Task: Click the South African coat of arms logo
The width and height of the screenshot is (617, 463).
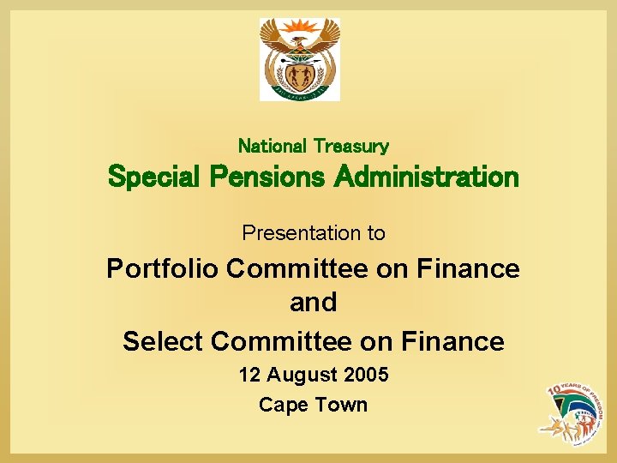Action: coord(300,59)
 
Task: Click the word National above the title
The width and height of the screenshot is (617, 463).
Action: coord(273,147)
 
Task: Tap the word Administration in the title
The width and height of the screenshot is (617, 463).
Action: coord(426,177)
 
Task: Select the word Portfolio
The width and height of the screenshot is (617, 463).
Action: coord(162,268)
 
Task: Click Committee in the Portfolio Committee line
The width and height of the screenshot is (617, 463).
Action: coord(299,268)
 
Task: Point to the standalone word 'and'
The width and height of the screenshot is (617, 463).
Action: coord(313,303)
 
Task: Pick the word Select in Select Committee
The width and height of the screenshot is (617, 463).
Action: coord(163,341)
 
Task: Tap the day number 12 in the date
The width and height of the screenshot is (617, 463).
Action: coord(249,375)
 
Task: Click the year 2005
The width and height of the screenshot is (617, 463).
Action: coord(366,375)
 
